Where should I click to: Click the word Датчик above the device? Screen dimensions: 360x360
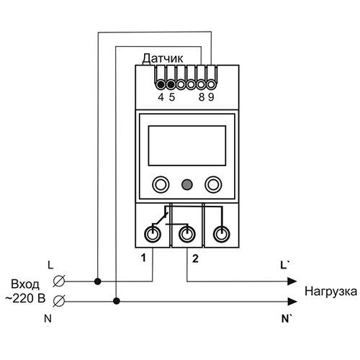(x=163, y=58)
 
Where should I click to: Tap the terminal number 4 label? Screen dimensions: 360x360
(x=161, y=97)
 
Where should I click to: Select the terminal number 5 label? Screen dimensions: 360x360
(x=172, y=97)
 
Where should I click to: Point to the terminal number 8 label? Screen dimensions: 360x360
(x=202, y=97)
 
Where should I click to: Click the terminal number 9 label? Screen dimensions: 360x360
(x=211, y=97)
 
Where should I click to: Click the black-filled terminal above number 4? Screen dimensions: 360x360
(x=161, y=84)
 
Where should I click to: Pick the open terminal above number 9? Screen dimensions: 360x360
(x=211, y=84)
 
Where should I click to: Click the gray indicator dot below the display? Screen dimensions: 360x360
(x=186, y=184)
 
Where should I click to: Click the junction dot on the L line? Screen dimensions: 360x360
(x=97, y=282)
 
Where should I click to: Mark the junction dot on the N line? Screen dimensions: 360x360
(x=117, y=301)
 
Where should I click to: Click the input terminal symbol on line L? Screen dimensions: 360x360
(x=59, y=281)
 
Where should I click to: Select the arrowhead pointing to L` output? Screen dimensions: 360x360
(x=292, y=282)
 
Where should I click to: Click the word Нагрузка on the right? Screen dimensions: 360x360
(x=330, y=292)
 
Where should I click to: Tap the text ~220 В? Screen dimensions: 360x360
(x=25, y=299)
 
